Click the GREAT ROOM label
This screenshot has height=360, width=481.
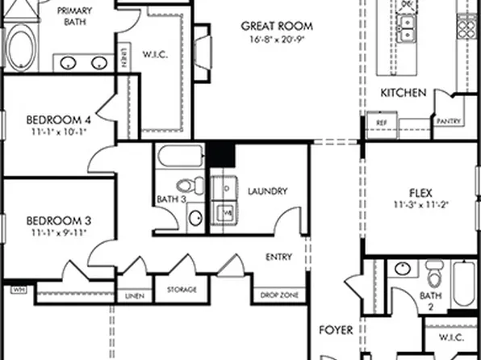tap(277, 26)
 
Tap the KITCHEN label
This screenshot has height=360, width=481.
tap(404, 94)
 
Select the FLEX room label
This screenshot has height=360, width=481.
tap(420, 193)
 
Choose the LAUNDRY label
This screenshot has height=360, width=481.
tap(268, 191)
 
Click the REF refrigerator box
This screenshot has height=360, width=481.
tap(382, 122)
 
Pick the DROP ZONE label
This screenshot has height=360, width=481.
tap(279, 296)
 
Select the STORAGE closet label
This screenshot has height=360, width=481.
tap(182, 289)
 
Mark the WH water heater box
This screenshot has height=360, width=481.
tap(17, 288)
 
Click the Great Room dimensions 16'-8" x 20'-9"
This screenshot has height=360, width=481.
tap(277, 39)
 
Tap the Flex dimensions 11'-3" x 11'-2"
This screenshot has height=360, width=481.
tap(420, 205)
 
